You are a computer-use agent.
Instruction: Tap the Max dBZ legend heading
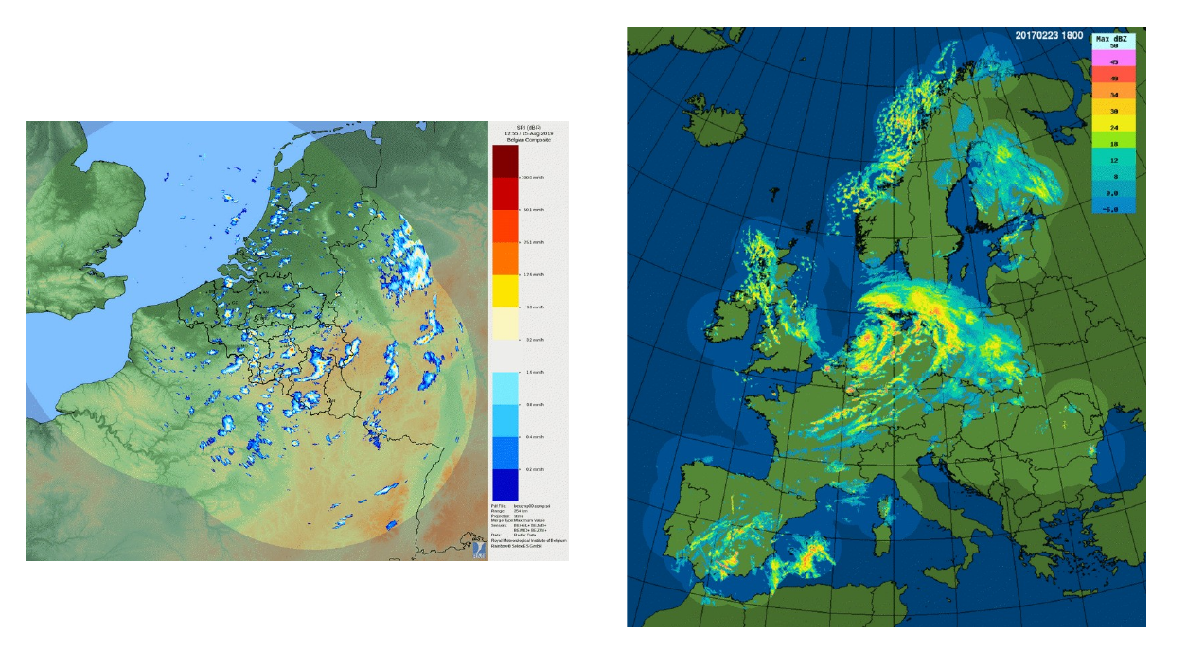tap(1114, 39)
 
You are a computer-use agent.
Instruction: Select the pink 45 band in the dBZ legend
tap(1114, 62)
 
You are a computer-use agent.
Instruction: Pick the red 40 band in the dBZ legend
tap(1114, 79)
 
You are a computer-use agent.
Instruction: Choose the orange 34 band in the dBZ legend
tap(1114, 95)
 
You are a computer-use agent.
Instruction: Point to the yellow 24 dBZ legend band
tap(1114, 127)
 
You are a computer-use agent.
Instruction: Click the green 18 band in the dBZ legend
tap(1114, 143)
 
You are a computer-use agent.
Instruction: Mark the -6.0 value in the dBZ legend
tap(1114, 207)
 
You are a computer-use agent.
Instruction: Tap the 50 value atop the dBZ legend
tap(1114, 47)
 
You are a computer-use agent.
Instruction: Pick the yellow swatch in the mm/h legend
tap(506, 290)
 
